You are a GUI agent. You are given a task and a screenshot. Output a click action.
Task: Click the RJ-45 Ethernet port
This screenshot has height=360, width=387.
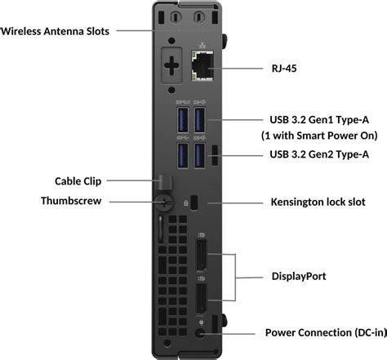click(x=200, y=64)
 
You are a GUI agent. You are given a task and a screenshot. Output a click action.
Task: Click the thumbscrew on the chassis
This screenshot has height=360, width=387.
click(x=166, y=201)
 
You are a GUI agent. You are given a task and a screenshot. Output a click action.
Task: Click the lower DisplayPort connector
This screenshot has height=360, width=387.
click(x=201, y=301)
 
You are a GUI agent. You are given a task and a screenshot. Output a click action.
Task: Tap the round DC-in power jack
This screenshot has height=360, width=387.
click(x=201, y=331)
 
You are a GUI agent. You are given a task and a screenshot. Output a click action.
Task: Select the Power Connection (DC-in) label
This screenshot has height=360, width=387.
click(x=320, y=333)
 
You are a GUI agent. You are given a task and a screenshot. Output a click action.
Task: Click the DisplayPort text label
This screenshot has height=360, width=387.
click(x=300, y=276)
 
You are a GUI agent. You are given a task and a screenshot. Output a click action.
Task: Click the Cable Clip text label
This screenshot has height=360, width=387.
click(x=78, y=180)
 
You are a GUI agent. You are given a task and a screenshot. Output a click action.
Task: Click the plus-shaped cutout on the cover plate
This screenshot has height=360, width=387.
click(x=172, y=64)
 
